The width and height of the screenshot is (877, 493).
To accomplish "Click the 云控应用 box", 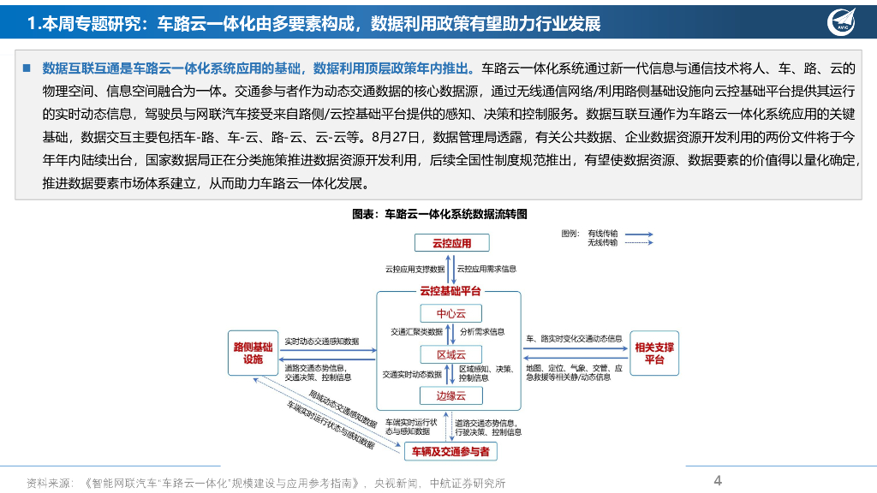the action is pos(450,243).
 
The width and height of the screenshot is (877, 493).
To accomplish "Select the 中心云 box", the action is pos(450,313).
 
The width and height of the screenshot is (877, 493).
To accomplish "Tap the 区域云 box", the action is pos(450,354).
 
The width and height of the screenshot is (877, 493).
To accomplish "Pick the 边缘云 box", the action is pos(450,395).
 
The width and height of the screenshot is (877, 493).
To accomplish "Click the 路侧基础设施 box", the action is pos(253,353).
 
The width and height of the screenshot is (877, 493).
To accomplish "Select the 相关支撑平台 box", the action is pos(653,353).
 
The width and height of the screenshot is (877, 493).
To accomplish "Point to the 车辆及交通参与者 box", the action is pos(450,451).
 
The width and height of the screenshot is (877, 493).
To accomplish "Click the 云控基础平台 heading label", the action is pos(450,291).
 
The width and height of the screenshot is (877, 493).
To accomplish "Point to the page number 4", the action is pos(718,480).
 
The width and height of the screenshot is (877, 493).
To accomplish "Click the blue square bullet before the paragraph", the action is pos(26,68).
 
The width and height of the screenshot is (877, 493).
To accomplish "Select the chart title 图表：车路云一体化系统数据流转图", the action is pos(439,213).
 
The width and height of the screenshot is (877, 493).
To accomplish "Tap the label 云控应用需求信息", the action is pos(486,269).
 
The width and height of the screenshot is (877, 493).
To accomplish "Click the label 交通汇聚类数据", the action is pos(416,331).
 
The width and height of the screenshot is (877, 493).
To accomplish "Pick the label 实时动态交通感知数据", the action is pos(321,341).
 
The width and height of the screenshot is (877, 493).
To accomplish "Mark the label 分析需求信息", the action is pos(482,331).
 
